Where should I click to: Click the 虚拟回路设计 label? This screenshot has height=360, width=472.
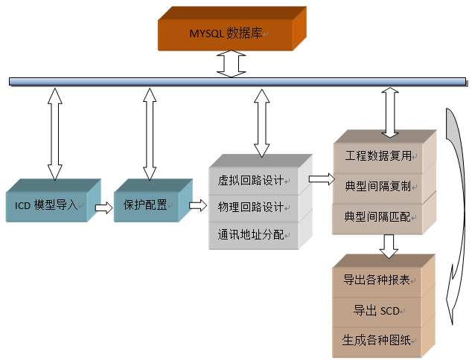(x=250, y=181)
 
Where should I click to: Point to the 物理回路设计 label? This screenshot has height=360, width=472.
(x=250, y=207)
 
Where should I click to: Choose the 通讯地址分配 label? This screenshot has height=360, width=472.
(x=250, y=234)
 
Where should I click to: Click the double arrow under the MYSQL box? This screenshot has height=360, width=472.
(x=231, y=63)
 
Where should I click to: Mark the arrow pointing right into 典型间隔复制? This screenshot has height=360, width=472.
(x=320, y=179)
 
